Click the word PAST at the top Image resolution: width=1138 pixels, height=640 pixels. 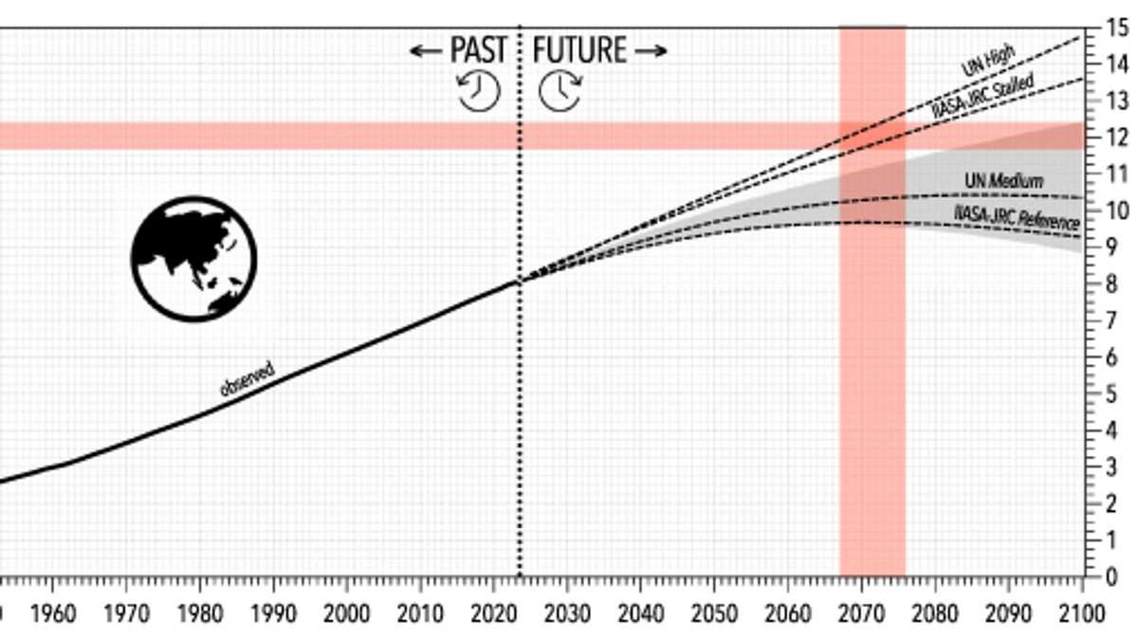[x=479, y=49]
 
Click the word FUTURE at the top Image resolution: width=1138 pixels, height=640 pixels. [x=579, y=49]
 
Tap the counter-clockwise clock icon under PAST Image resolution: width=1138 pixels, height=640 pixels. [x=479, y=91]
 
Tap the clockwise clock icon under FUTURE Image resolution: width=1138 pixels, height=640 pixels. [x=560, y=91]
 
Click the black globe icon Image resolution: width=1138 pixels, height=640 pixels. [x=194, y=258]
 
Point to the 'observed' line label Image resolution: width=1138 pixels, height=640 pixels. [x=248, y=378]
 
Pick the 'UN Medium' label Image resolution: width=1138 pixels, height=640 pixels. [x=1003, y=180]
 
